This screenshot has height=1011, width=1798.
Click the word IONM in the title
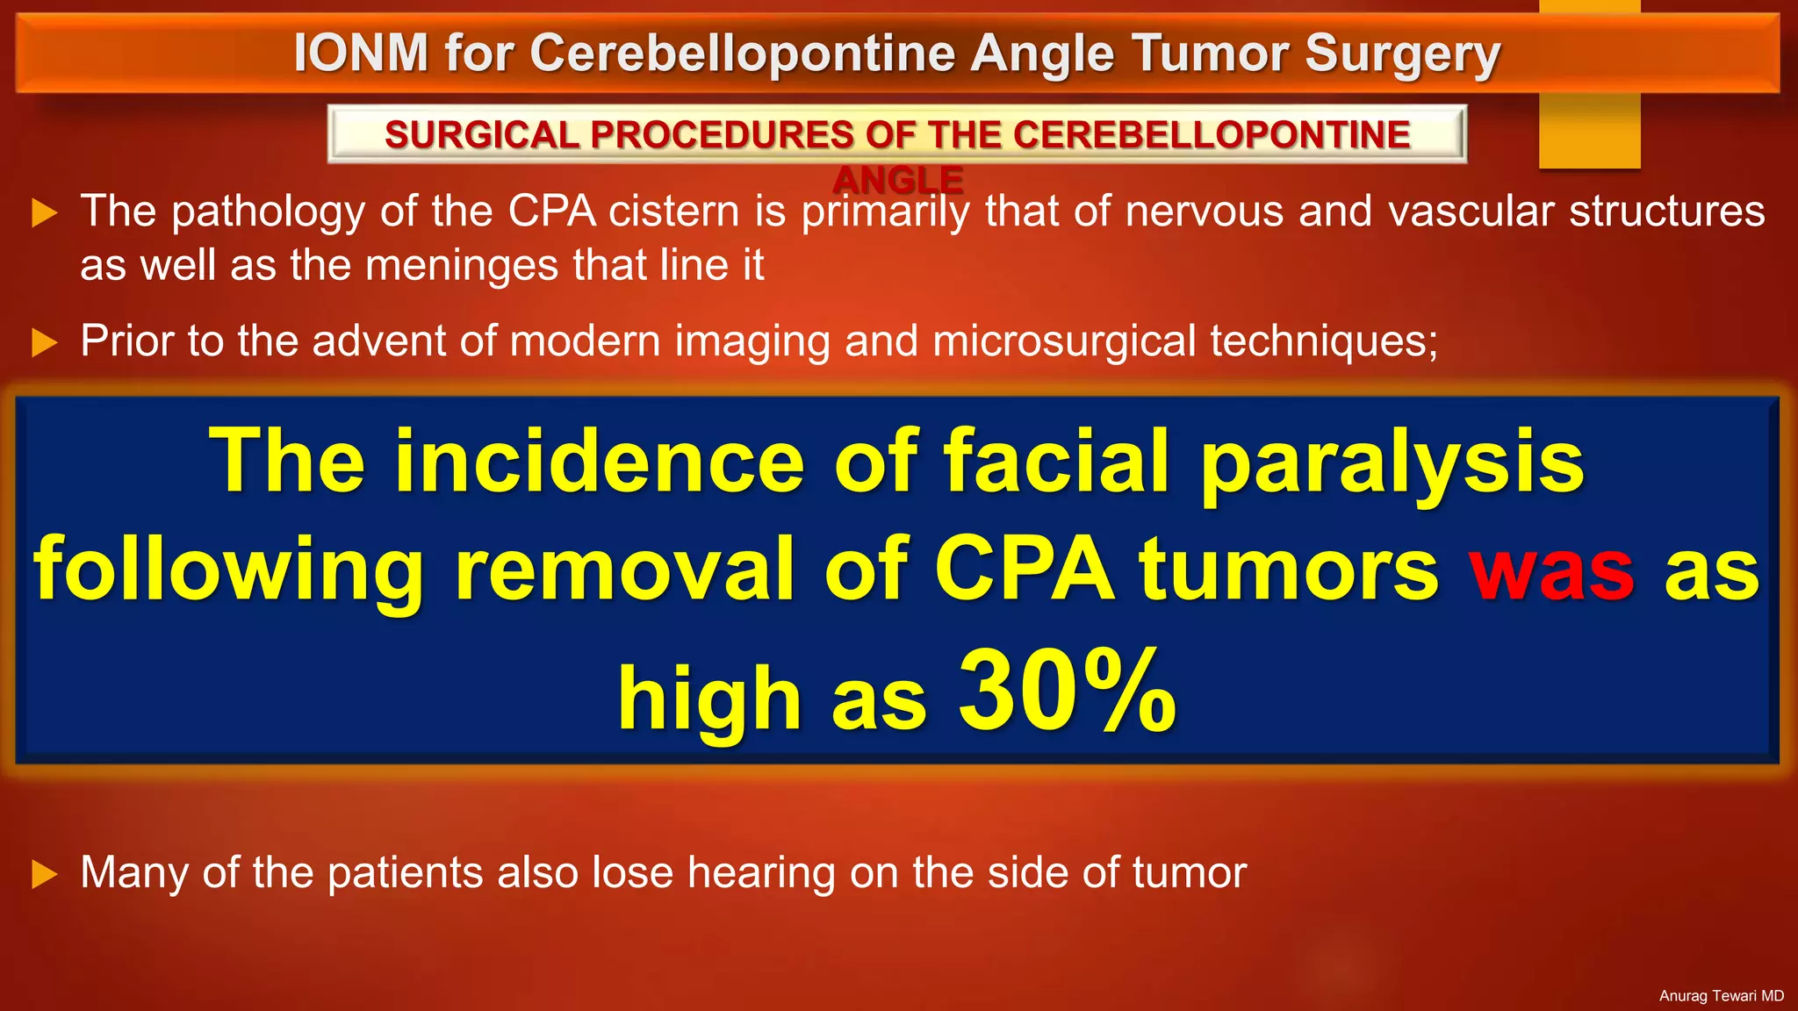(x=361, y=53)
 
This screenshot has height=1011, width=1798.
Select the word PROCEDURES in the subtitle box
(x=722, y=134)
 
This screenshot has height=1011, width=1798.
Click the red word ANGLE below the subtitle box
(x=897, y=180)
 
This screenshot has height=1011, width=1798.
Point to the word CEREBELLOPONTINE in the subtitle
(x=1212, y=134)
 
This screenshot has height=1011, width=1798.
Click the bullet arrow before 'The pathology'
(x=44, y=212)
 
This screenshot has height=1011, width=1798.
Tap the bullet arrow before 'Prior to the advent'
(x=44, y=342)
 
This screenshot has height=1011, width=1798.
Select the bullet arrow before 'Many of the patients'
(x=44, y=874)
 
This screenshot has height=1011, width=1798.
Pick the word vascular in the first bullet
(x=1471, y=212)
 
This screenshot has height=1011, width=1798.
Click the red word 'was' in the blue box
(x=1551, y=570)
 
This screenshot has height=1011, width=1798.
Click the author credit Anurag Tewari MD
(x=1721, y=995)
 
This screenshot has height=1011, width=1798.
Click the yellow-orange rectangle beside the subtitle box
(x=1589, y=132)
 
